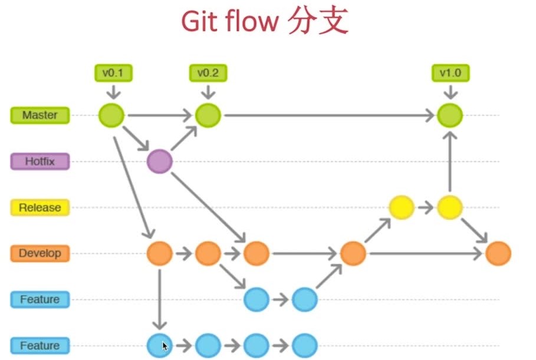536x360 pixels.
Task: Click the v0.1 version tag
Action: [114, 73]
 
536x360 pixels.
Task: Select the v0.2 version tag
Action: [208, 73]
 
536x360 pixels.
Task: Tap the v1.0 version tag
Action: [450, 73]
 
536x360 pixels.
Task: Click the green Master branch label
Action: [40, 115]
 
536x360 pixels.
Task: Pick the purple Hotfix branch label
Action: [40, 161]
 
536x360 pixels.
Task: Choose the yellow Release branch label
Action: [40, 207]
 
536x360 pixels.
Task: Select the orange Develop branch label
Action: [40, 253]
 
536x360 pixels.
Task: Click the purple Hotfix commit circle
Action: [159, 161]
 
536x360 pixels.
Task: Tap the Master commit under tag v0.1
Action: [111, 115]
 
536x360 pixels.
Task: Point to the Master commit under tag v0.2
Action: [208, 115]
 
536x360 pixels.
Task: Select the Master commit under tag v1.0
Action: [450, 115]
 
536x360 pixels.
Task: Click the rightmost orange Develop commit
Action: [498, 254]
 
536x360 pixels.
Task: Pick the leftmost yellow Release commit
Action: [402, 207]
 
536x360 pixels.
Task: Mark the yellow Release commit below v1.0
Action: [450, 207]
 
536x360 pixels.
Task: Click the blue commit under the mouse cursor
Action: [159, 346]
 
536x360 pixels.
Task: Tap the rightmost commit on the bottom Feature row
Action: [305, 346]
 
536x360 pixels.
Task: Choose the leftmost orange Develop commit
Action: [159, 254]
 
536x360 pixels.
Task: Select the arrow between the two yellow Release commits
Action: [426, 207]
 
